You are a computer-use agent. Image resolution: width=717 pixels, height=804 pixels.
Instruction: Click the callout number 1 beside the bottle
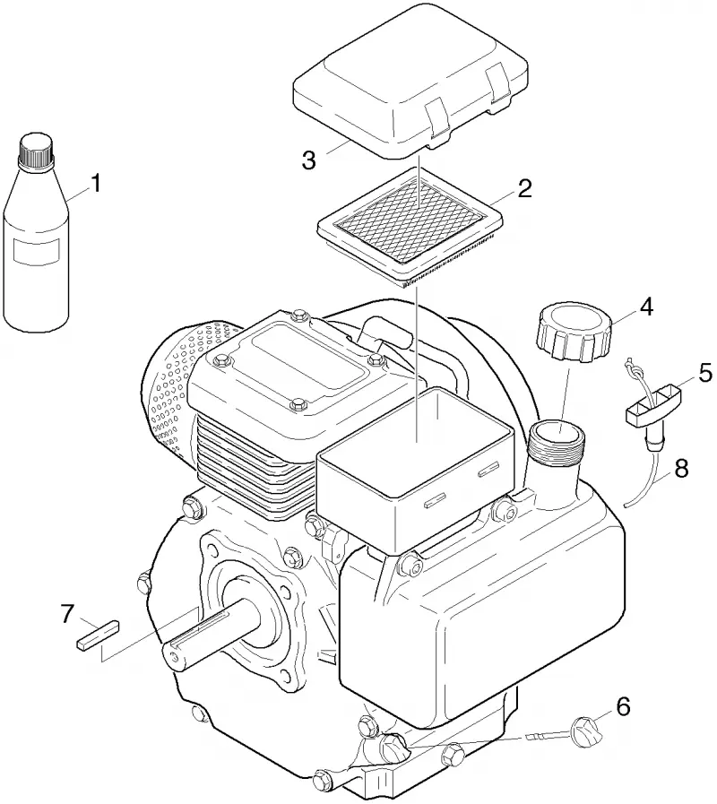96,183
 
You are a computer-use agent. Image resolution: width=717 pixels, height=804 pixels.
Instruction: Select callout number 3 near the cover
308,160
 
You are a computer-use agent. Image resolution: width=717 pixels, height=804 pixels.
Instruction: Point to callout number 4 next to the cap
645,307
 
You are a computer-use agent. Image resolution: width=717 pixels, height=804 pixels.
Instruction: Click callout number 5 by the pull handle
705,373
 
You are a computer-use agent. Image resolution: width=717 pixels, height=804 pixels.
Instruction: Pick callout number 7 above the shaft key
68,614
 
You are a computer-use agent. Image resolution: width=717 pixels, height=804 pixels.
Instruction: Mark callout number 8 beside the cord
680,469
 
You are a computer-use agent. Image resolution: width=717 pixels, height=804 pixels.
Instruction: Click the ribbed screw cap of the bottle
36,150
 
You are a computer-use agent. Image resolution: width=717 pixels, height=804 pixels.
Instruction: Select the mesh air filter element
410,226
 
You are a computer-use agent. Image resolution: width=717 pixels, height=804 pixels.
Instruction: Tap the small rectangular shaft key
99,635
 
